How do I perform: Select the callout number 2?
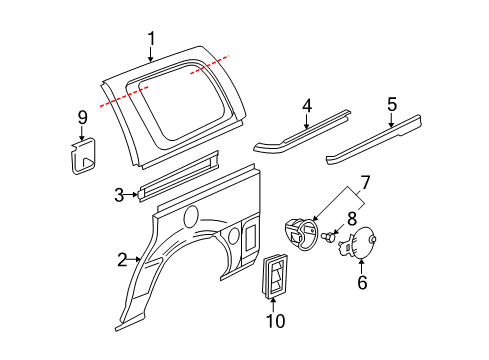point(122,261)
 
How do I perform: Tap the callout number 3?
point(118,194)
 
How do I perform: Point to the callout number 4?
point(308,104)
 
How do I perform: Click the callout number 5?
point(392,103)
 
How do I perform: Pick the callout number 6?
point(362,283)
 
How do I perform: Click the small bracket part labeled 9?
point(82,155)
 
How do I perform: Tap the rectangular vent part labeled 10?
point(275,275)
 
